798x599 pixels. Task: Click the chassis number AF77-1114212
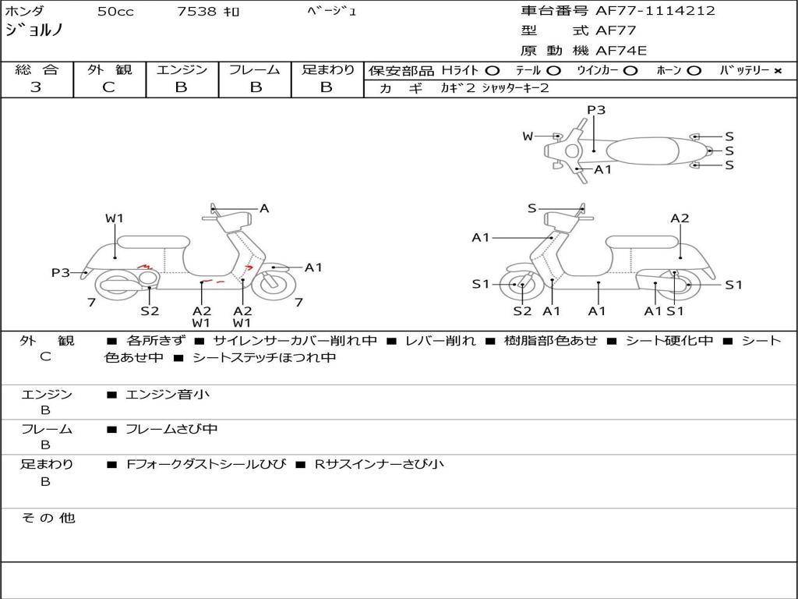point(655,11)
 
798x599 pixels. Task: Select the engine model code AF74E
point(621,51)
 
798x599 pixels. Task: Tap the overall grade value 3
point(36,87)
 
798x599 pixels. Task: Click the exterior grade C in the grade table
point(109,87)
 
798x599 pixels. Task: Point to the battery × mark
point(778,71)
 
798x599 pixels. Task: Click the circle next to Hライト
point(493,71)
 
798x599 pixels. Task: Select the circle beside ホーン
point(694,71)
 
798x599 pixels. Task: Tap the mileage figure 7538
point(197,11)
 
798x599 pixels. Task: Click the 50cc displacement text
point(115,11)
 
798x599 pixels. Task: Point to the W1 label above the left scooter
point(115,218)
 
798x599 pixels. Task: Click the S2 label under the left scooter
point(150,310)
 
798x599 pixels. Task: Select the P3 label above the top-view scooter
point(596,110)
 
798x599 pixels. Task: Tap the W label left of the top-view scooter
point(528,136)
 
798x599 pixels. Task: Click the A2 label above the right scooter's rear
point(680,218)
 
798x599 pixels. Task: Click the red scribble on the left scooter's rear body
point(145,266)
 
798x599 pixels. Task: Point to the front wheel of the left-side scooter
point(274,284)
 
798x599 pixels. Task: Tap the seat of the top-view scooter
point(642,151)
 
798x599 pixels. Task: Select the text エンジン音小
point(168,394)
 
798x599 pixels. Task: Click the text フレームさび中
point(171,429)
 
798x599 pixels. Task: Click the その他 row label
point(48,518)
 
